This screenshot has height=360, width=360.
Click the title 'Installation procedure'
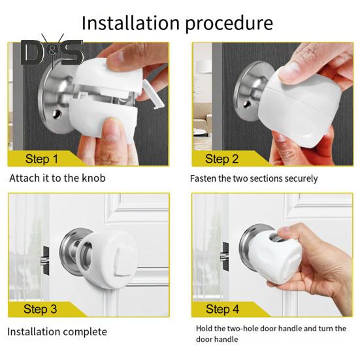point(176,23)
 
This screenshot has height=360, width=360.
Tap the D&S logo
point(52,52)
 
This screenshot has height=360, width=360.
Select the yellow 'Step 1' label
point(42,158)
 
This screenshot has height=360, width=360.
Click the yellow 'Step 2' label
point(221,158)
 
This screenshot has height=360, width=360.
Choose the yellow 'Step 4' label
point(221,308)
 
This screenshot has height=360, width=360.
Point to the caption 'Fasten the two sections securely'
point(254,178)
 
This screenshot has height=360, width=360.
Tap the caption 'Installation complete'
point(57,332)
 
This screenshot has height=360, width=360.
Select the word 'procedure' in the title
point(229,24)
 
